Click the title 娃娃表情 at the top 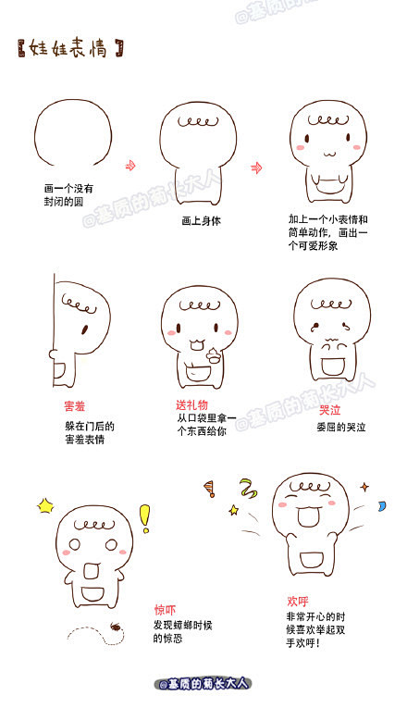(70, 48)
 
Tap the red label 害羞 (74, 406)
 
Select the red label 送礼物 (191, 404)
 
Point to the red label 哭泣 (330, 410)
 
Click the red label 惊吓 (165, 610)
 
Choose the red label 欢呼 (298, 601)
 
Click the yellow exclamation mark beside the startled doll (144, 518)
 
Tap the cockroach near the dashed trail (116, 626)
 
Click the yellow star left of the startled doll (45, 505)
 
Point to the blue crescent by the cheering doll (382, 505)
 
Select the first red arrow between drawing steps (130, 166)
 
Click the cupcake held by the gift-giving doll (213, 354)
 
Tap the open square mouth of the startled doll (92, 571)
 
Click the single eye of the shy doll (84, 329)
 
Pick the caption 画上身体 (202, 221)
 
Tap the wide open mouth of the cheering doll (309, 517)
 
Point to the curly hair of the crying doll (331, 304)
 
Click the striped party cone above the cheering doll (209, 489)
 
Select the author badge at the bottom (203, 684)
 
